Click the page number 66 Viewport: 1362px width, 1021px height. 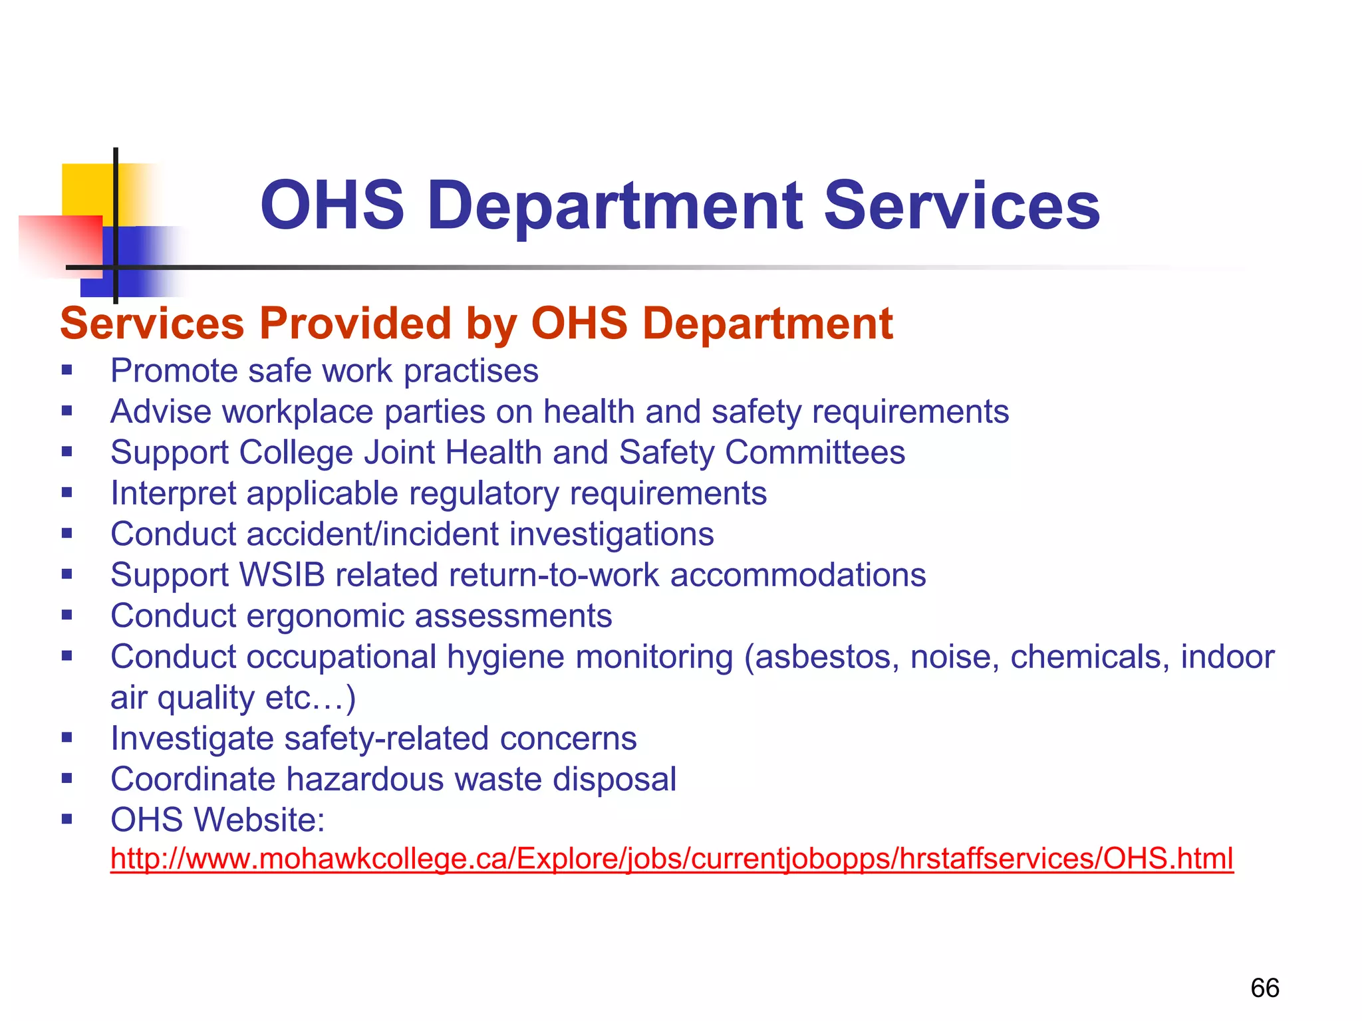[1264, 988]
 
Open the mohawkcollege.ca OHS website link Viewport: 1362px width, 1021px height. [672, 859]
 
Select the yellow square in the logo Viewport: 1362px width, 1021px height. [86, 189]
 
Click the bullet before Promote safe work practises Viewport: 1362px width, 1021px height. [67, 370]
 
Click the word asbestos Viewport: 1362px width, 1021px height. [827, 657]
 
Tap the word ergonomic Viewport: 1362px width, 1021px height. [325, 616]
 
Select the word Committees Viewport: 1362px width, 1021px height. [815, 453]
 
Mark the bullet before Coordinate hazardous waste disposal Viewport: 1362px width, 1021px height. [67, 778]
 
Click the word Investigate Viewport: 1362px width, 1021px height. [192, 738]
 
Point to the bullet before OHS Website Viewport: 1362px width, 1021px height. [67, 820]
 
